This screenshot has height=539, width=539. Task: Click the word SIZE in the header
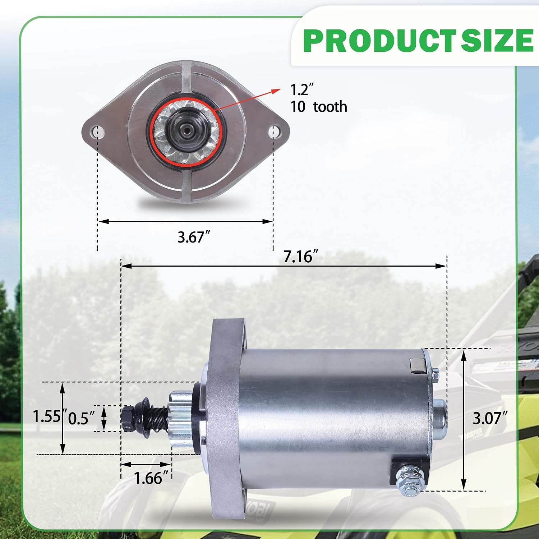point(497,40)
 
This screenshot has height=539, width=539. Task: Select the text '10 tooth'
point(319,107)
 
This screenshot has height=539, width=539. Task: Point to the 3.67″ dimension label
point(194,237)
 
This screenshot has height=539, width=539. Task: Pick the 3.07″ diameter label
point(490,418)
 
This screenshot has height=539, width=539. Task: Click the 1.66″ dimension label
point(151,478)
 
